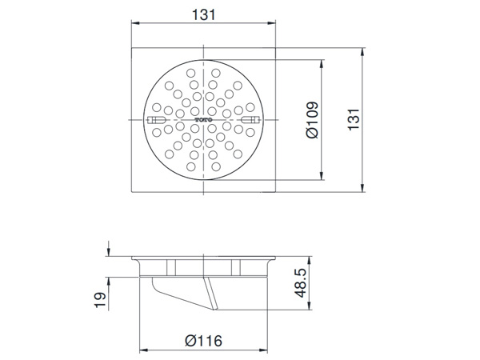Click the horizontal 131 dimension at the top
point(204,15)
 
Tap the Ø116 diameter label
point(204,341)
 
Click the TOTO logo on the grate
point(204,122)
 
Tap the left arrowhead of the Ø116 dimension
point(144,350)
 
